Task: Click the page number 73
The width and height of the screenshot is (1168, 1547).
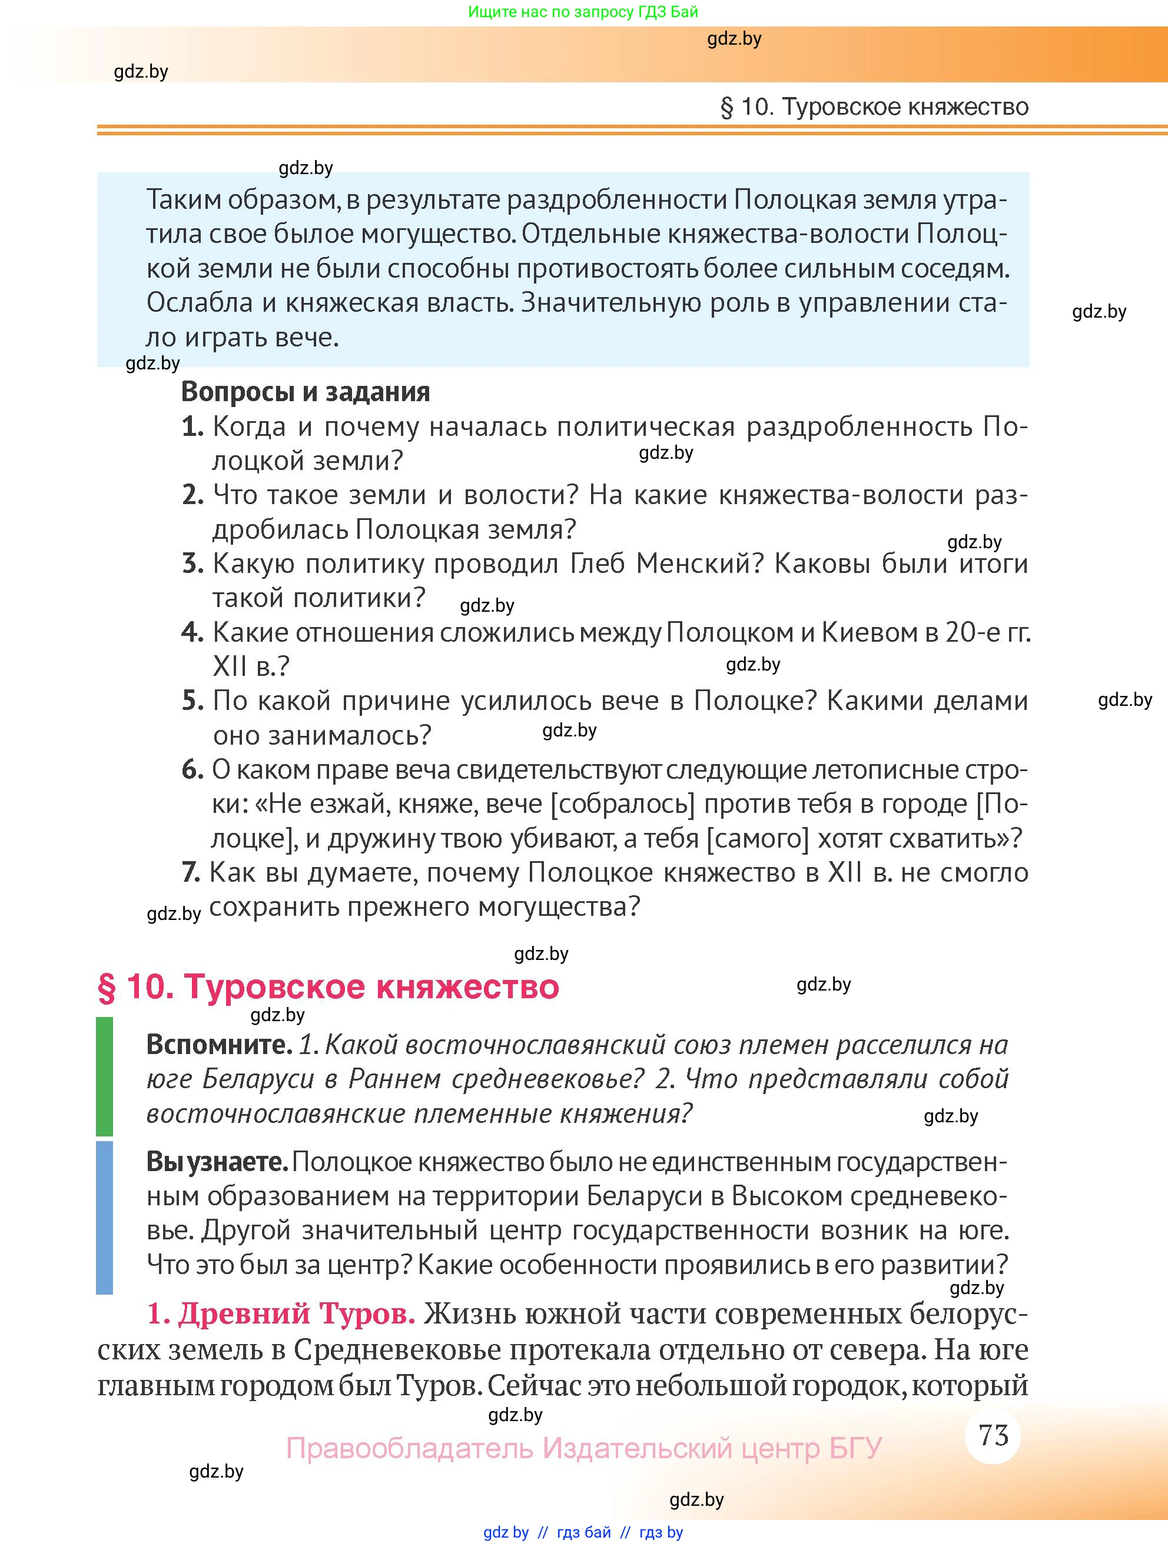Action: pyautogui.click(x=993, y=1436)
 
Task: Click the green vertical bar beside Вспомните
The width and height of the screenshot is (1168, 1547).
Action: pyautogui.click(x=104, y=1077)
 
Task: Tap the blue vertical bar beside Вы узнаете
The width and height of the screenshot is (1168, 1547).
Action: pyautogui.click(x=104, y=1217)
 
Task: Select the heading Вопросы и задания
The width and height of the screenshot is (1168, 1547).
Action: pyautogui.click(x=305, y=392)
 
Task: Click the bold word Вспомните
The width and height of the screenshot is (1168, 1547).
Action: pyautogui.click(x=218, y=1045)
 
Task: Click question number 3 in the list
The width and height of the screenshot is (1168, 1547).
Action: pyautogui.click(x=192, y=564)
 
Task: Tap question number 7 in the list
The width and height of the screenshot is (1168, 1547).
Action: pyautogui.click(x=190, y=873)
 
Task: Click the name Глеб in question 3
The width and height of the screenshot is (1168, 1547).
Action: pyautogui.click(x=597, y=564)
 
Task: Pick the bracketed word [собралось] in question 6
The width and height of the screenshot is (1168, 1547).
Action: pyautogui.click(x=623, y=804)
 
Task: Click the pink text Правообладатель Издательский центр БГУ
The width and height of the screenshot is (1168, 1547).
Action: pyautogui.click(x=583, y=1448)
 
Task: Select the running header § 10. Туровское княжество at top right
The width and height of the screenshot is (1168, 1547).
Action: pyautogui.click(x=874, y=107)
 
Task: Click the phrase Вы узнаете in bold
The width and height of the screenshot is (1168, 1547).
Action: pyautogui.click(x=217, y=1162)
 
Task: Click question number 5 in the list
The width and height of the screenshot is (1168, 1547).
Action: pyautogui.click(x=192, y=701)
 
